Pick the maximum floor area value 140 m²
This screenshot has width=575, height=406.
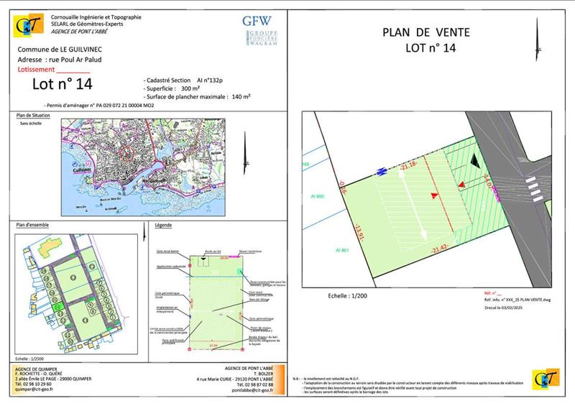point(240,96)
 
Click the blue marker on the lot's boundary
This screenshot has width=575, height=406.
point(381,171)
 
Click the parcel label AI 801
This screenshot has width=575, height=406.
point(341,249)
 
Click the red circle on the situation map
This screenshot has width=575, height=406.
point(126,153)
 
